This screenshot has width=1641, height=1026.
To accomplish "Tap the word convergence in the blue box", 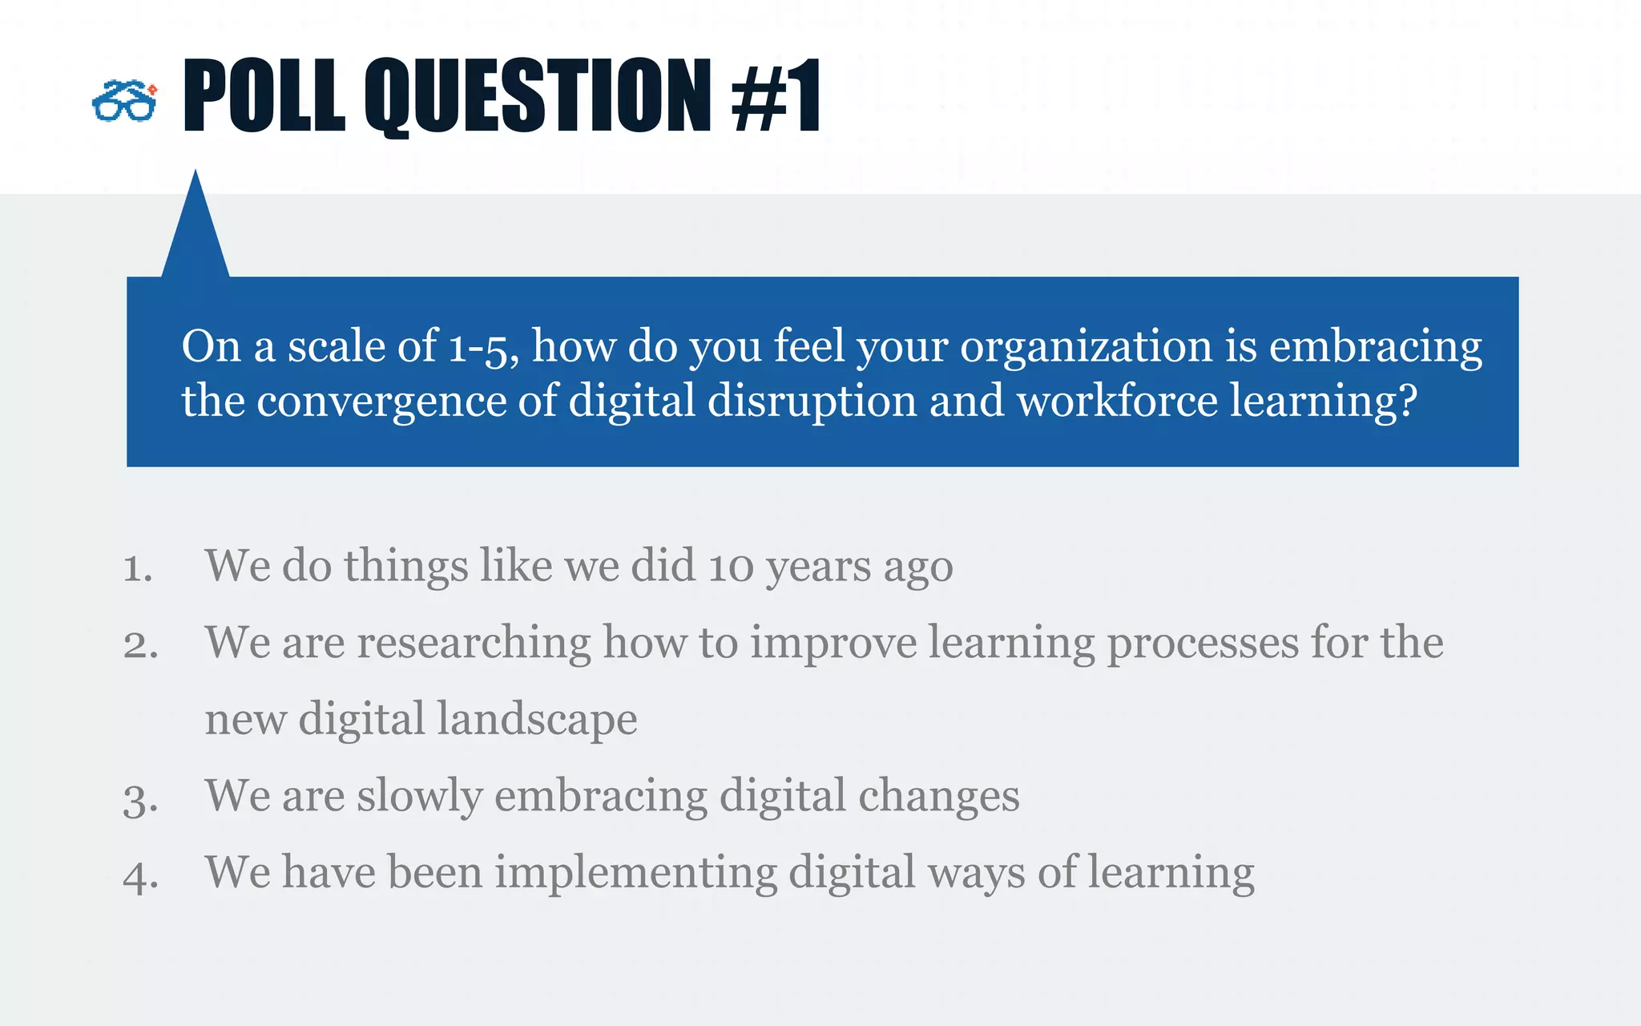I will coord(381,401).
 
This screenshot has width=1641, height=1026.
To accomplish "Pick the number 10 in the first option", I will coord(731,566).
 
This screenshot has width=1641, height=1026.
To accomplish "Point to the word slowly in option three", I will coord(419,796).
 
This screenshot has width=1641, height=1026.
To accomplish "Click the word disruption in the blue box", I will coord(812,401).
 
